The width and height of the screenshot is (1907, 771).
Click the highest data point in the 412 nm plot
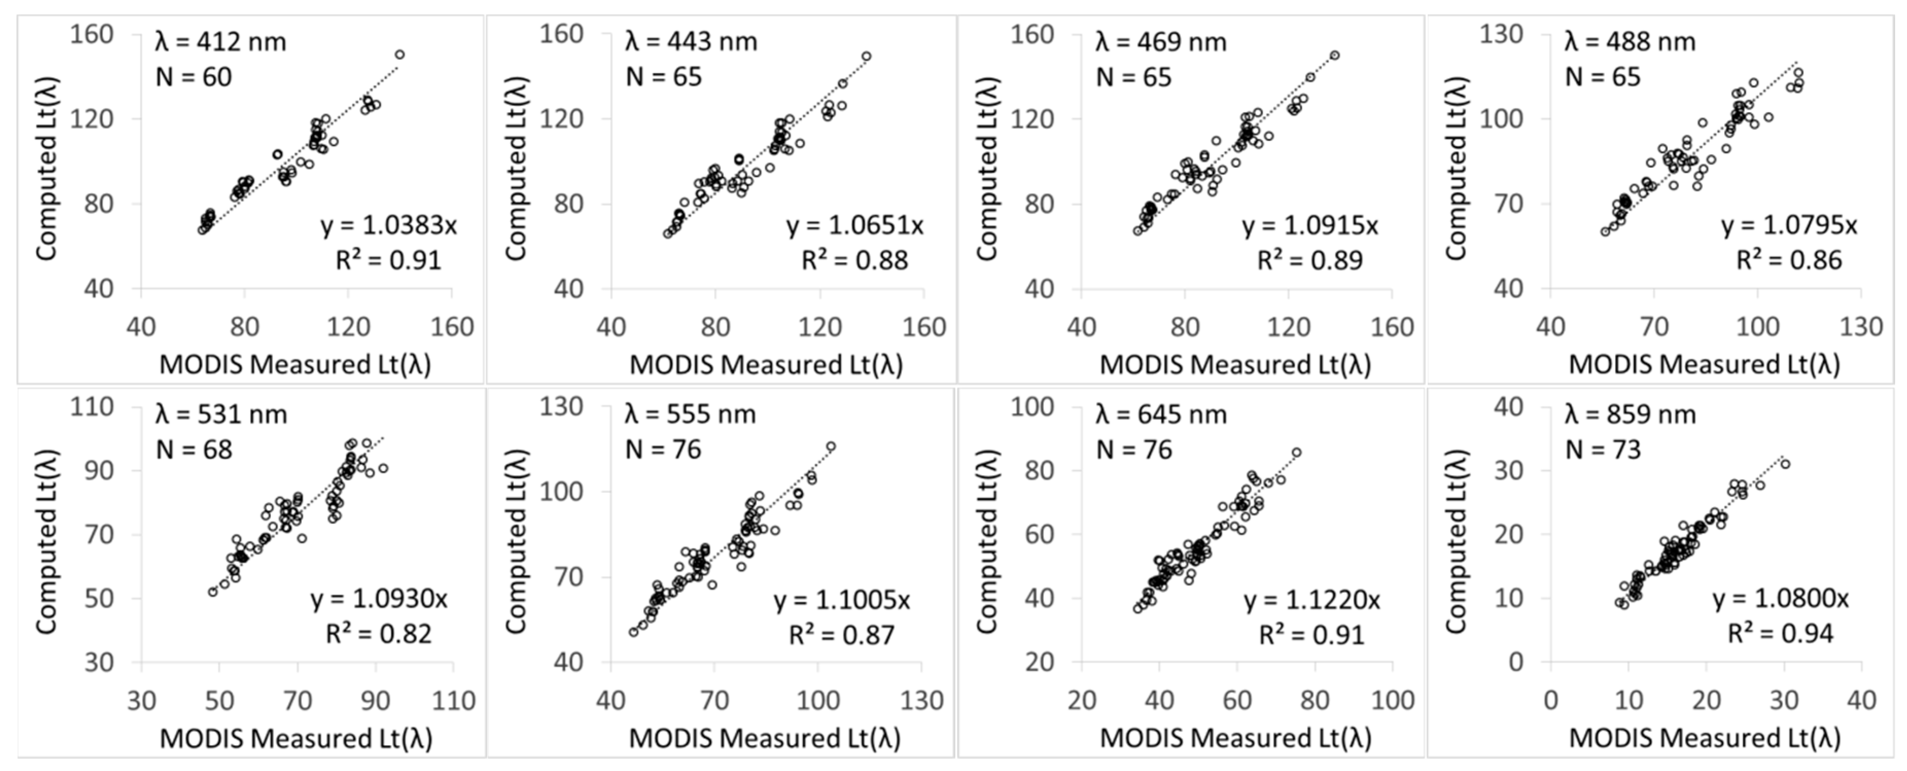[x=400, y=55]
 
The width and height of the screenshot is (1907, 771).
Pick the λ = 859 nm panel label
[x=1630, y=415]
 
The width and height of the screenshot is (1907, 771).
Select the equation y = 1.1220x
[x=1312, y=600]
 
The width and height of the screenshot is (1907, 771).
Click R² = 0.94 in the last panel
[x=1780, y=634]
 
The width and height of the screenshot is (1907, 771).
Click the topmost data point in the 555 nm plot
[x=831, y=446]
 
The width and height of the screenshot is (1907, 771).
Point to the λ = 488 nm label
[x=1630, y=42]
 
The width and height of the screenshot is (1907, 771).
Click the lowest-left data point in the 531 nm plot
[x=213, y=592]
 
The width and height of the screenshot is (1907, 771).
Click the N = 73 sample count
[x=1603, y=450]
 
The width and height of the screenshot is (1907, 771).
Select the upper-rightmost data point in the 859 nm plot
[x=1785, y=464]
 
